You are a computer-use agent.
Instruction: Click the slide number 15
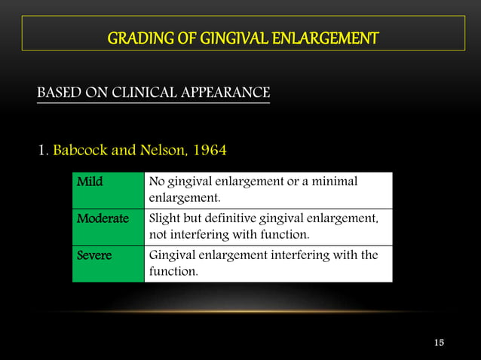440,343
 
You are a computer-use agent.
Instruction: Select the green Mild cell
108,190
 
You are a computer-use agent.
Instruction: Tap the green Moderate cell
108,227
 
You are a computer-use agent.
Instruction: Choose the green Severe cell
108,263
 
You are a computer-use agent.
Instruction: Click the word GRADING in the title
133,37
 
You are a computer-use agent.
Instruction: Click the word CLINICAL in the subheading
146,93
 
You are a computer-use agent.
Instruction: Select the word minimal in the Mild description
335,182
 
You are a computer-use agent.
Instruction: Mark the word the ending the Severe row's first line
369,255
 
